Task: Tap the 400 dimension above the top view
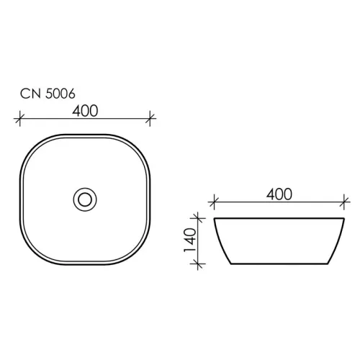(86, 110)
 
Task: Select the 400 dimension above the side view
(279, 194)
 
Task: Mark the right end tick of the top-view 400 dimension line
(151, 117)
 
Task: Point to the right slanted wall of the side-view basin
(338, 240)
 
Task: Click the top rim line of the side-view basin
(279, 217)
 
